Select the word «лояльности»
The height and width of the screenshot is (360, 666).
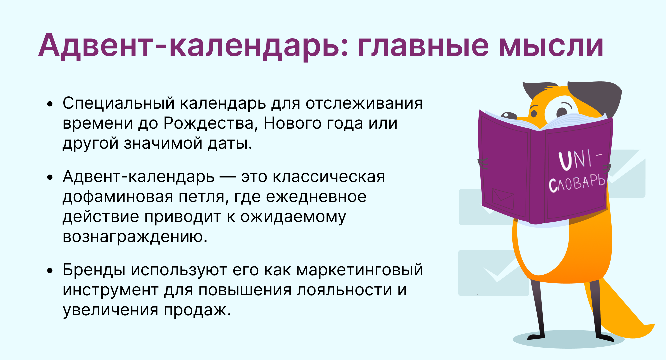click(344, 290)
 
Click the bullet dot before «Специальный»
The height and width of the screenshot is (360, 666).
click(50, 104)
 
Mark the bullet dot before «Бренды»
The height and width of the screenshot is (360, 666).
click(50, 270)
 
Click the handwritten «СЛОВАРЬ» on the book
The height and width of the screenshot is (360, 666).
click(577, 183)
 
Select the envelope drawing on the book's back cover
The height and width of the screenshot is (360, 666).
click(503, 199)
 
